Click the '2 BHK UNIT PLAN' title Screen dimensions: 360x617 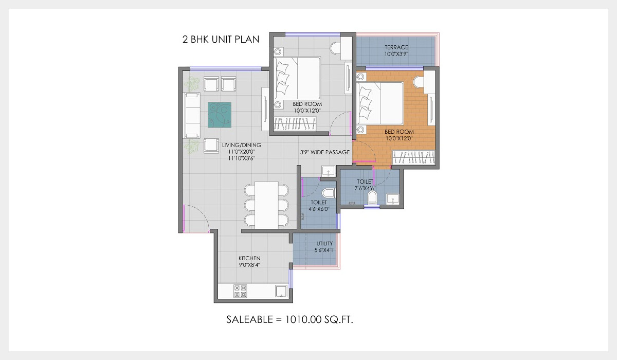tap(221, 39)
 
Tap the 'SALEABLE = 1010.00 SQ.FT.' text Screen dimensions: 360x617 tap(291, 319)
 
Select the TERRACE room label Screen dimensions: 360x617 tap(396, 47)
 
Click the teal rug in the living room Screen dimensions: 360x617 tap(219, 115)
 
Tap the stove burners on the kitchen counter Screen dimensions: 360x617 tap(240, 291)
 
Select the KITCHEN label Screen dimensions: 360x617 tap(249, 258)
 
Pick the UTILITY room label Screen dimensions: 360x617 tap(324, 243)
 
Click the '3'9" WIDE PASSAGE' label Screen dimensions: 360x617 tap(325, 152)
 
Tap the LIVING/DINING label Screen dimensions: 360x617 tap(242, 145)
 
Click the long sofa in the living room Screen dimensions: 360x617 tap(192, 115)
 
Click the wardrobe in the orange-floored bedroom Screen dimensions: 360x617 tap(415, 158)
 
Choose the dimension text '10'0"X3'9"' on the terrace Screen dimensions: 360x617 tap(396, 54)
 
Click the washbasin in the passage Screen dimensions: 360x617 tap(328, 171)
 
